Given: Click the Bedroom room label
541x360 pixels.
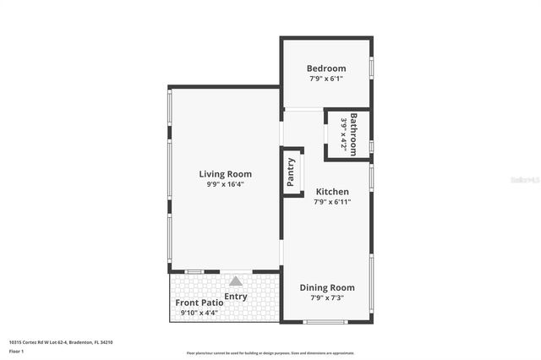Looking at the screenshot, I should tap(325, 68).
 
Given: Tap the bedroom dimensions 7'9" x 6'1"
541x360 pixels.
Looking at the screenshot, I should tap(325, 79).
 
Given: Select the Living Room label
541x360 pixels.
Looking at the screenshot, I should tap(225, 174).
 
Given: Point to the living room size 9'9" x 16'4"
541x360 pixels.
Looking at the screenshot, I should tap(225, 184).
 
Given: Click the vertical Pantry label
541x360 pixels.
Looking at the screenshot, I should tap(291, 172).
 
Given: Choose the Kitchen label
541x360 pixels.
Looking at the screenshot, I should tap(332, 192).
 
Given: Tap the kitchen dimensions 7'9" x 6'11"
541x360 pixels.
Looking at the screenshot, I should tap(332, 202).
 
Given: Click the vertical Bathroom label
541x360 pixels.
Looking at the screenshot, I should tap(353, 134).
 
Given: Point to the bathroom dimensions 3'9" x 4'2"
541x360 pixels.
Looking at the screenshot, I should tap(343, 134).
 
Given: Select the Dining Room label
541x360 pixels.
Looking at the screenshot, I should tap(326, 287).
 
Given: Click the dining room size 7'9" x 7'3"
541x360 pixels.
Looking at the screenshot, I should tap(326, 297).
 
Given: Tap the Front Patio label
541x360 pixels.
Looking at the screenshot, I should tap(199, 303).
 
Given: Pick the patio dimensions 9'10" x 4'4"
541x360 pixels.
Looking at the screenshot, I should tap(199, 313).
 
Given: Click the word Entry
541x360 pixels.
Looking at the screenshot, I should tap(236, 296).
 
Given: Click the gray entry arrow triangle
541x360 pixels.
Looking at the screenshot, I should tap(236, 281).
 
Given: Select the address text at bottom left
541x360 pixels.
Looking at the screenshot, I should tap(61, 342).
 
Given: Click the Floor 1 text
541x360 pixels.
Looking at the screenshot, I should tap(16, 350).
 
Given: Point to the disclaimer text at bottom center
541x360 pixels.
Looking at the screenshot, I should tap(270, 353).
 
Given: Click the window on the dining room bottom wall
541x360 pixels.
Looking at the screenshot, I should tap(325, 321).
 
